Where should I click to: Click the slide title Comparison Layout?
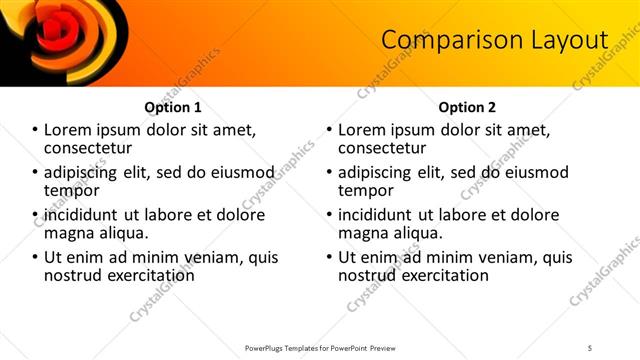click(x=495, y=40)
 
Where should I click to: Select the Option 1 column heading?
click(x=173, y=107)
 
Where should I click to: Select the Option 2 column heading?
click(x=467, y=107)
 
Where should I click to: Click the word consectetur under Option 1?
click(x=94, y=148)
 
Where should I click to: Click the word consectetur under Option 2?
click(x=388, y=148)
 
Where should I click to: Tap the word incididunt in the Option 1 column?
click(x=86, y=215)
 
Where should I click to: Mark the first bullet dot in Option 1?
click(x=36, y=130)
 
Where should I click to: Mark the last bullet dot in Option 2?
click(x=330, y=257)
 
